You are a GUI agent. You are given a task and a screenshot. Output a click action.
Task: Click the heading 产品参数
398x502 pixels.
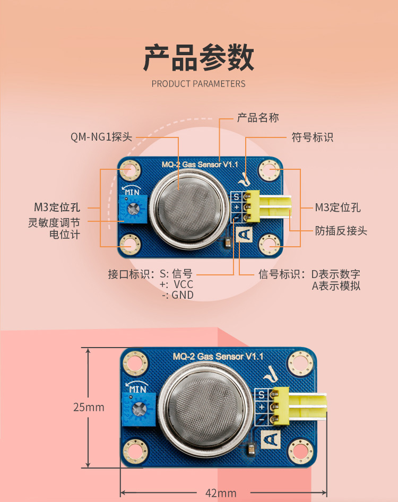tap(198, 58)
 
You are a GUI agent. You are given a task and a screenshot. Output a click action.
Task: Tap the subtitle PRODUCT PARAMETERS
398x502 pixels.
tap(198, 84)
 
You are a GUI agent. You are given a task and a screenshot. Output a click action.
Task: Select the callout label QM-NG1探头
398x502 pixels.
tap(101, 137)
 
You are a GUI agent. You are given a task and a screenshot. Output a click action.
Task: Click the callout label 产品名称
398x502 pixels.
tap(258, 118)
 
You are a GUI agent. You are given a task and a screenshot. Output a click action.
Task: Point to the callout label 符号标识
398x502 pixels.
tap(312, 137)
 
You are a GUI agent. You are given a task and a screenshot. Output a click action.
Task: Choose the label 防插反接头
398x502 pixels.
tap(341, 230)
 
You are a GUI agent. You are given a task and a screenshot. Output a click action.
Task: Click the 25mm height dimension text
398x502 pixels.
tap(89, 407)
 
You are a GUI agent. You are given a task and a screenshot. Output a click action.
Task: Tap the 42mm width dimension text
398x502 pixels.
tap(221, 493)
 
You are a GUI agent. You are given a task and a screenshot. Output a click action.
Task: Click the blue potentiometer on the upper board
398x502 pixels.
tap(133, 209)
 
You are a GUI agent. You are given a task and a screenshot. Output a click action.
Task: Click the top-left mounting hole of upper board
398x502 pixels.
tap(130, 170)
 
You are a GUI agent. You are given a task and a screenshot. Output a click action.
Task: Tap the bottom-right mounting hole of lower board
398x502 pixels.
tap(301, 452)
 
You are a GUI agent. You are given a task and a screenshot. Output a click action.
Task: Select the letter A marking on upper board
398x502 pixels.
tap(244, 235)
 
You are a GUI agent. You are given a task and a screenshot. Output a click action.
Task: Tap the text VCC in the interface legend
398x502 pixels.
tap(184, 284)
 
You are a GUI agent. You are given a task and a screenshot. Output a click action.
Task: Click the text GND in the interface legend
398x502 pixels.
tap(183, 295)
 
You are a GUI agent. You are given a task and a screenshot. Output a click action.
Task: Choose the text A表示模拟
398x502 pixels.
tap(336, 285)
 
